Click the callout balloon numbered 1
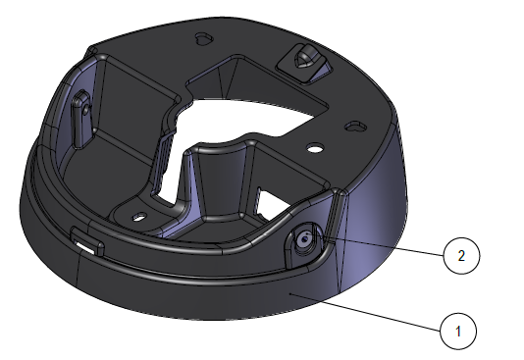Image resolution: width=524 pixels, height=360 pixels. [x=458, y=331]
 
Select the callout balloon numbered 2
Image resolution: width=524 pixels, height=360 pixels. [x=461, y=256]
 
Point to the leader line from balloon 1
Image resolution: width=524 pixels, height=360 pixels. [x=366, y=312]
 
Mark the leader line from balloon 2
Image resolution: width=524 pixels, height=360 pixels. [x=379, y=245]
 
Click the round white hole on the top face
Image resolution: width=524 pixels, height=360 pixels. [x=315, y=147]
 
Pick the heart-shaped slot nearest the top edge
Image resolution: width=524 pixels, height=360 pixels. [x=204, y=37]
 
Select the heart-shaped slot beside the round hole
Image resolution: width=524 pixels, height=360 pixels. [x=355, y=127]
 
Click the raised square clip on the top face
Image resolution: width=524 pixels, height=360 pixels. [x=304, y=63]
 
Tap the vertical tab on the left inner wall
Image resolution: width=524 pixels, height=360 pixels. [x=80, y=119]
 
